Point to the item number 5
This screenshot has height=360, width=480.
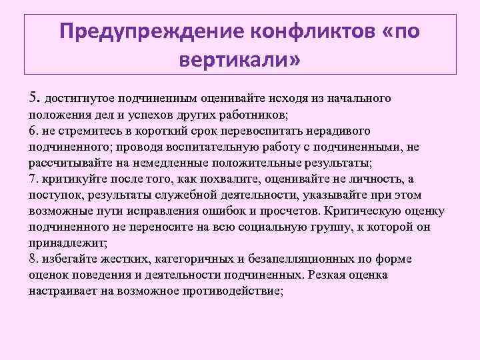34,98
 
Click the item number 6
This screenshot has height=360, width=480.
33,130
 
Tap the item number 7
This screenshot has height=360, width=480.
33,178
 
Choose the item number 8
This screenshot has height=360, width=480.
33,258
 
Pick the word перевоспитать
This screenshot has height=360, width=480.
262,130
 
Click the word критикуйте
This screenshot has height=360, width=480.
73,178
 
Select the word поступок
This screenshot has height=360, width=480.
53,194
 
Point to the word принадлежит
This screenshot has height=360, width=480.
65,242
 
